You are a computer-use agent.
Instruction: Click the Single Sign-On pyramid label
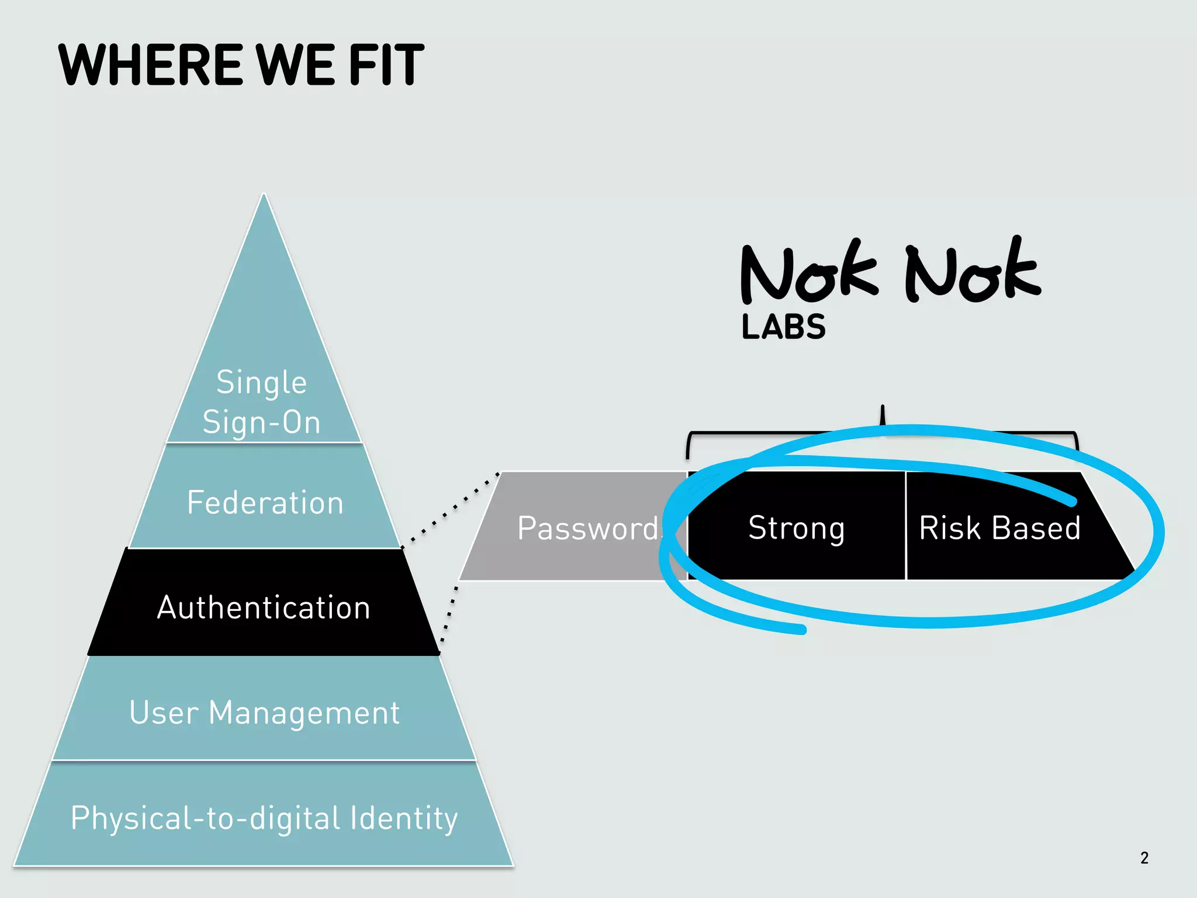[262, 402]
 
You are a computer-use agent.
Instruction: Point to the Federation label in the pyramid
[265, 503]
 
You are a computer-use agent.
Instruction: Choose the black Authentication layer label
[264, 607]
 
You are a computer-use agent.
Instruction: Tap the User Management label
[265, 713]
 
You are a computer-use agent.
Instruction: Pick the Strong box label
[796, 529]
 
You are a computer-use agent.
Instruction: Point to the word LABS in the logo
[783, 327]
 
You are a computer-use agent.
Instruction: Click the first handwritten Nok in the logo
[808, 273]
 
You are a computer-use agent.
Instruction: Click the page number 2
[1144, 858]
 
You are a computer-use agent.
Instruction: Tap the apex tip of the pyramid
[264, 196]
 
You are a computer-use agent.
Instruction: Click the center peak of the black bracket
[883, 409]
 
